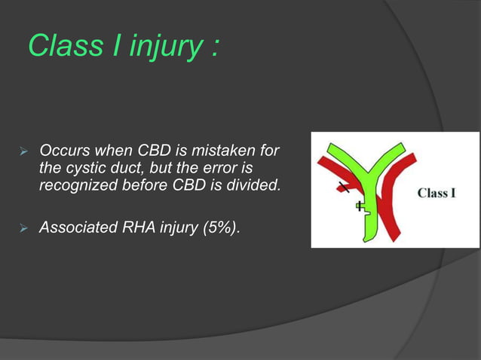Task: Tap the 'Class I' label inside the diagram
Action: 437,193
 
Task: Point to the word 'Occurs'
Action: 63,153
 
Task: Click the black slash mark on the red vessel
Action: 344,186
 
